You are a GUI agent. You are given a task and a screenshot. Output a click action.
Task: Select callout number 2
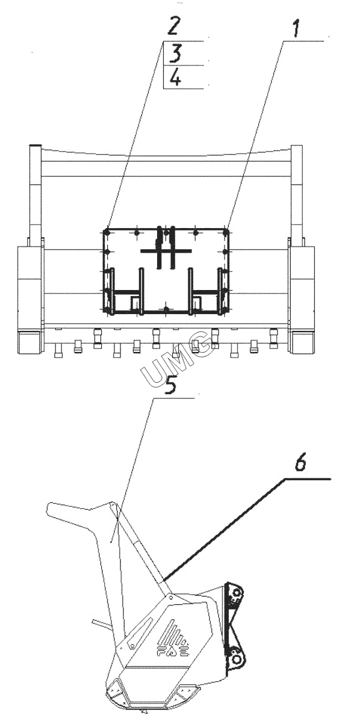coord(172,26)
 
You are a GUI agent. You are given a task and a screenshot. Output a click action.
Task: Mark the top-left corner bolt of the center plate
coord(107,232)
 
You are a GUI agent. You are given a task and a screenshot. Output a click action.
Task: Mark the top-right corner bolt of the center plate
coord(226,232)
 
